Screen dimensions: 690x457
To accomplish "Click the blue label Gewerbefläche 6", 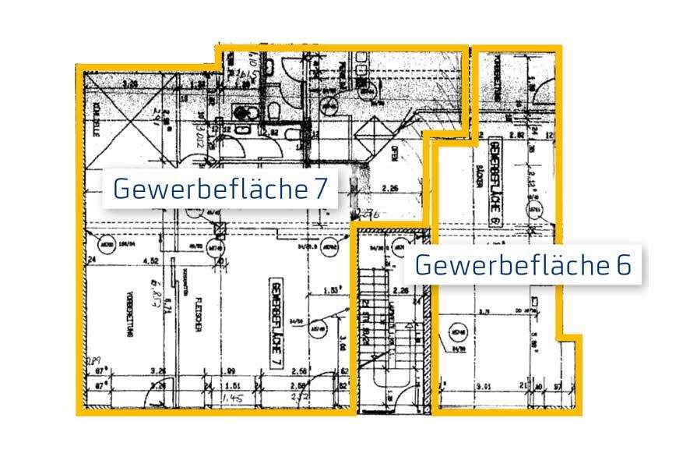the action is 523,264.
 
